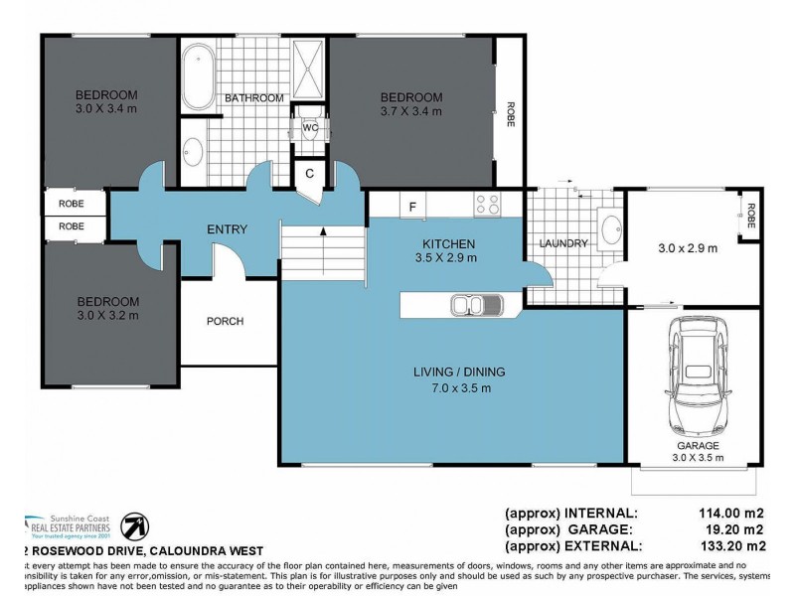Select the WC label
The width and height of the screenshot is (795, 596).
click(310, 129)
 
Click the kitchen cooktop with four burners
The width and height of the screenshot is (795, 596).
click(487, 205)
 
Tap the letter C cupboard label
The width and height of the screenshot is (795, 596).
click(310, 174)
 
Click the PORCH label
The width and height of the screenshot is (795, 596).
click(225, 321)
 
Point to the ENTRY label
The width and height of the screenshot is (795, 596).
click(227, 230)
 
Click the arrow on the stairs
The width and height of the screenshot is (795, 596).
click(323, 234)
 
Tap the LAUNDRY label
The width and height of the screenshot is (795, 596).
click(563, 243)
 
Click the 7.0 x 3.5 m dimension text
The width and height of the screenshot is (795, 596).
click(459, 388)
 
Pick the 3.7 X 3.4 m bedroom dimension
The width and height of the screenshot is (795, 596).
click(410, 112)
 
